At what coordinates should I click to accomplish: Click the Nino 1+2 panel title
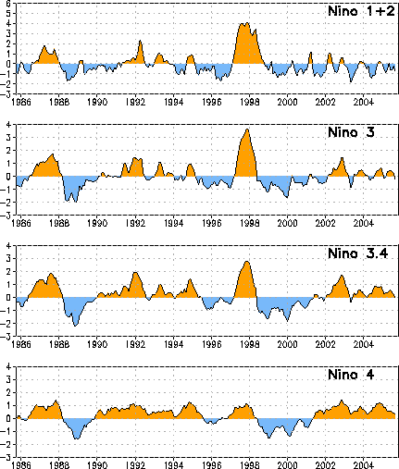(x=361, y=11)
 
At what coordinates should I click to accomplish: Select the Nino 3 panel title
(x=351, y=132)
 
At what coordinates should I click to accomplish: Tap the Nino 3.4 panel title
(x=358, y=253)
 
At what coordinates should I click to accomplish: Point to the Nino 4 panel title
(x=351, y=375)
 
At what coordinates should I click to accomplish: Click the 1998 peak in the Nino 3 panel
(x=247, y=130)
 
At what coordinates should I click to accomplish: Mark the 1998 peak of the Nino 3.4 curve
(x=247, y=262)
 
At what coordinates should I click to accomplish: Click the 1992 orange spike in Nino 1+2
(x=140, y=41)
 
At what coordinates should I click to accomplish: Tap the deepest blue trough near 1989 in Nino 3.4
(x=75, y=326)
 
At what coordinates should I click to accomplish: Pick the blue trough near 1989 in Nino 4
(x=77, y=438)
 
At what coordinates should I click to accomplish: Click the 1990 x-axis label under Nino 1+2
(x=97, y=102)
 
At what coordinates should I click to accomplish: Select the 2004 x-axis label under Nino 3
(x=364, y=223)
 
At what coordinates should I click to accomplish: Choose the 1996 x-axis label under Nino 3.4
(x=212, y=344)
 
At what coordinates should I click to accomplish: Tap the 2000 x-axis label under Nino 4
(x=287, y=465)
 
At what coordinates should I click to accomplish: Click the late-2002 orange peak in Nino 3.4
(x=342, y=276)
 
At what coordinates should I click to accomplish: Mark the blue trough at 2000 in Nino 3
(x=287, y=197)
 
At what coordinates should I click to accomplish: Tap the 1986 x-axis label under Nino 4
(x=21, y=465)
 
